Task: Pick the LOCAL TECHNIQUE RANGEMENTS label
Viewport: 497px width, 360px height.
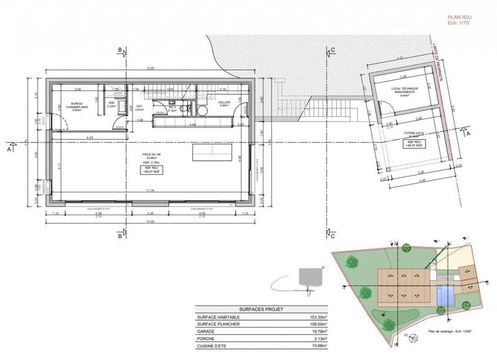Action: pyautogui.click(x=405, y=91)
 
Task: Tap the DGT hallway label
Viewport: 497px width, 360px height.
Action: pyautogui.click(x=139, y=106)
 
